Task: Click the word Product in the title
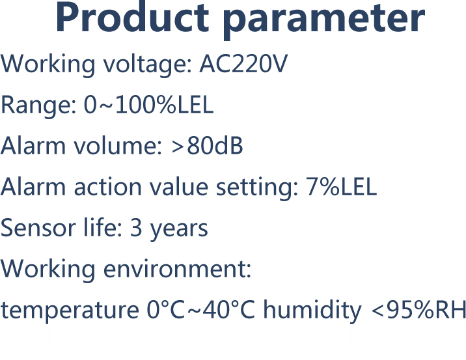point(132,17)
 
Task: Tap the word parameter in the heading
point(324,20)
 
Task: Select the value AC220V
point(243,64)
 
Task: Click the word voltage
point(147,66)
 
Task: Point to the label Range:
point(38,106)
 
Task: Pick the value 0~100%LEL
point(148,105)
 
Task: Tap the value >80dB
point(207,146)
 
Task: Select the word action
point(107,187)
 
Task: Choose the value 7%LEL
point(341,187)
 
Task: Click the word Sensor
point(38,228)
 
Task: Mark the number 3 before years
point(136,228)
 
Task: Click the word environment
point(177,269)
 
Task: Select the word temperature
point(70,311)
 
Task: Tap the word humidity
point(312,311)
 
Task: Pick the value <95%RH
point(418,309)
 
